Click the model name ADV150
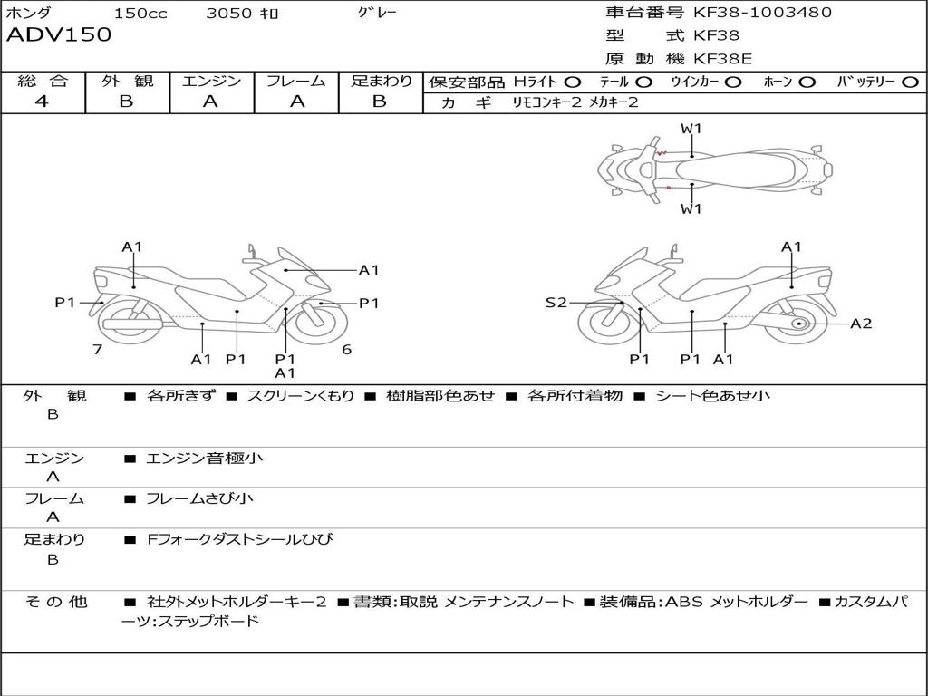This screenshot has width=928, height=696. point(59,35)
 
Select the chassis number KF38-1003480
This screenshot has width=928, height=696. point(762,13)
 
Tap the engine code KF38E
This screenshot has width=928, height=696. point(723,59)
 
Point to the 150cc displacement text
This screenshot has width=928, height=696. point(140,14)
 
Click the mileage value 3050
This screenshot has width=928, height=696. point(229,14)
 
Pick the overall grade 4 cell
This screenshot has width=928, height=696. point(42,101)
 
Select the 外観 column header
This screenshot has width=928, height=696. point(127,82)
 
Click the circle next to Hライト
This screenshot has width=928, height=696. point(573,82)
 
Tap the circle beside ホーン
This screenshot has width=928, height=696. point(807,82)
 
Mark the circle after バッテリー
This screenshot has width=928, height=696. point(911,82)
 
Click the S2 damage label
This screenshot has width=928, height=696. point(556,303)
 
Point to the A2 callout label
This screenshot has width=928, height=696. point(861,324)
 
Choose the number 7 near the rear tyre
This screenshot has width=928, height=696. point(97,350)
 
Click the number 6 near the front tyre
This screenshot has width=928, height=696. point(346,350)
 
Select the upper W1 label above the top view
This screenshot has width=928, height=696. point(691,129)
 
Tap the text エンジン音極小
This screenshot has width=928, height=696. point(205,459)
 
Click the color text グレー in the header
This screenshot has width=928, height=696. point(378,13)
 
